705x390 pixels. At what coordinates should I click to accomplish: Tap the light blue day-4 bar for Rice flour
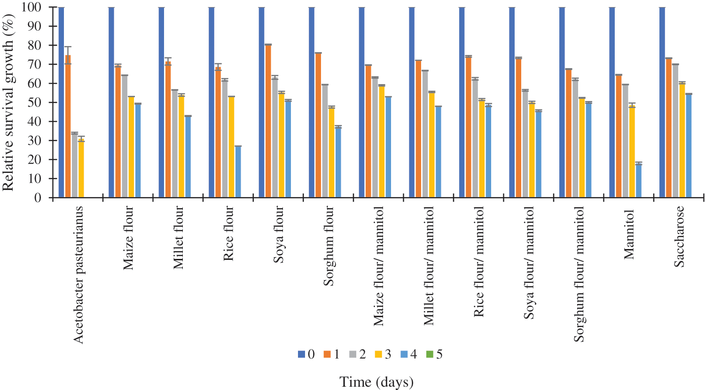tap(238, 172)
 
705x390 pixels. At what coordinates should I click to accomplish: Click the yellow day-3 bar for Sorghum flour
tap(331, 152)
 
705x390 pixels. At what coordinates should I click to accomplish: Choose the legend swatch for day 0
tap(302, 354)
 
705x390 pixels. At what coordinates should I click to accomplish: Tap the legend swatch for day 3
tap(377, 354)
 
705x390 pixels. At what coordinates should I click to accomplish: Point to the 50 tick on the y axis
tap(51, 102)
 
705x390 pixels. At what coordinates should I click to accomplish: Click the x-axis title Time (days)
tap(376, 382)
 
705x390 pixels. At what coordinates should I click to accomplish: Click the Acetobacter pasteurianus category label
tap(78, 274)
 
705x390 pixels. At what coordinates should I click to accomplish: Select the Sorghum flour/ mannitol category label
tap(579, 274)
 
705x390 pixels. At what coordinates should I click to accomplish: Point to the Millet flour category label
tap(178, 237)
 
